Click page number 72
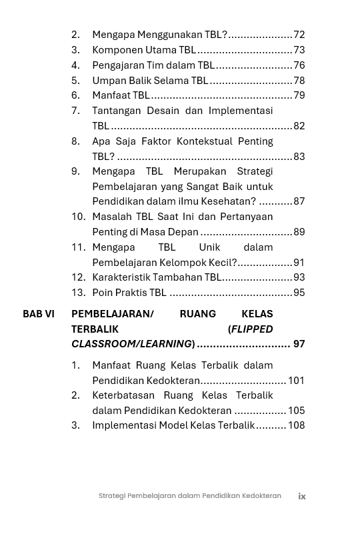coord(299,35)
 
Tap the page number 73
coord(299,50)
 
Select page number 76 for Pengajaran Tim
coord(299,65)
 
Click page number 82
coord(299,126)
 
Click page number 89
coord(299,232)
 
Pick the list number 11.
coord(79,247)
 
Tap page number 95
coord(299,293)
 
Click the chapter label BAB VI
coord(39,314)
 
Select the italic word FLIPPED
coord(251,329)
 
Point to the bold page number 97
coord(299,344)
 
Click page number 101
coord(296,381)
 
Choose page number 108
coord(296,425)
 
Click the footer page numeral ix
coord(302,496)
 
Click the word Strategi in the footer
coord(111,496)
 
